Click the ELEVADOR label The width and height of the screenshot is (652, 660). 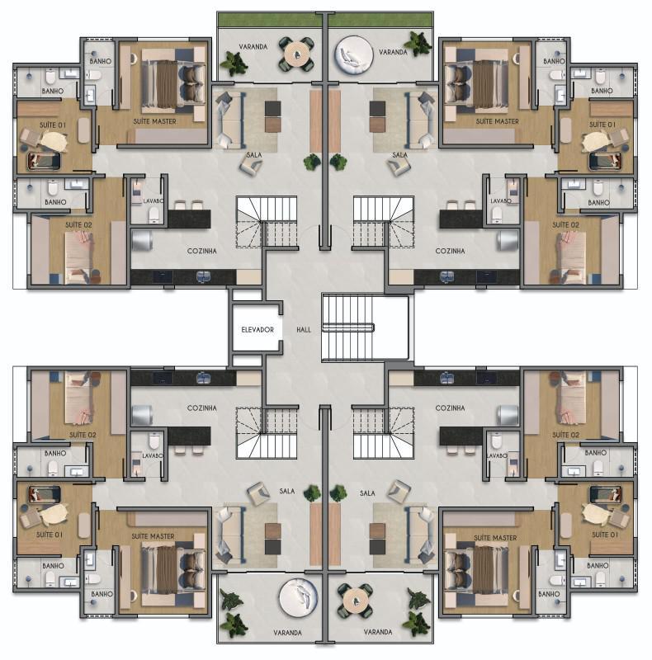(257, 330)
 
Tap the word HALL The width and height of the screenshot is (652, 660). (303, 330)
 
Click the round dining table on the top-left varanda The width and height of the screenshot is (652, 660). (295, 54)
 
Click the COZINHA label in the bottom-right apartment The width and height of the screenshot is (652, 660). (450, 408)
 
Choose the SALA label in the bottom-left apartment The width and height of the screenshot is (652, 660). (287, 492)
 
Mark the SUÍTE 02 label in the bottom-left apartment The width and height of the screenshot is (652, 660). (83, 435)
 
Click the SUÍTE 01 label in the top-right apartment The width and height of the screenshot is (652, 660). (602, 125)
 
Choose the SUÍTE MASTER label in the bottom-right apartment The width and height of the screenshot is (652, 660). (495, 538)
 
